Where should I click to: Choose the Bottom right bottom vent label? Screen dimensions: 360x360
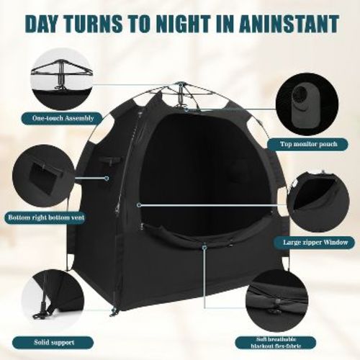tap(48, 217)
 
